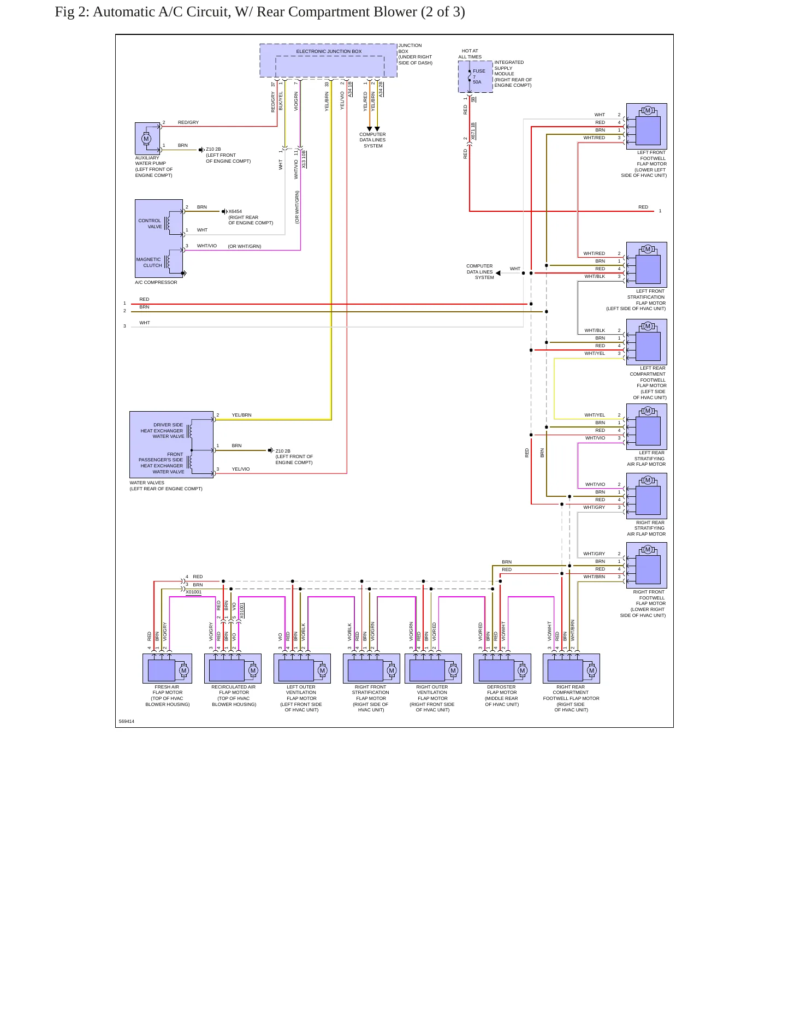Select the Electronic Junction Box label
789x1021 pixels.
[x=329, y=51]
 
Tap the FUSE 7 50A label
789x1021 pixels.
[x=478, y=76]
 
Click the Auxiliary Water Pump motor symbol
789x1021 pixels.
[x=146, y=139]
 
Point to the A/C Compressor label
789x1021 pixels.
[x=156, y=282]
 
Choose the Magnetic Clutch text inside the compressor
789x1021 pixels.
[x=149, y=263]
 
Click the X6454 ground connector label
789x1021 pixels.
[x=235, y=211]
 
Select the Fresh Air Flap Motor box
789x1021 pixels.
[x=167, y=668]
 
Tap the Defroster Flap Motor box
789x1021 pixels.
[x=502, y=668]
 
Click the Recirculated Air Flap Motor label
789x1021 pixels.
[x=234, y=696]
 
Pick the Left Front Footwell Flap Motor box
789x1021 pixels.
[x=646, y=127]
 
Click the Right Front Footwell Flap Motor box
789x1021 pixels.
[x=646, y=565]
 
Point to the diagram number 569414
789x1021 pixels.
[x=126, y=721]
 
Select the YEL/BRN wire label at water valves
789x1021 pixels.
[x=241, y=415]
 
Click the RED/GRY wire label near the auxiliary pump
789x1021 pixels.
[x=188, y=122]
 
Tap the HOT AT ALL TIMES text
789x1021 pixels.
[x=470, y=54]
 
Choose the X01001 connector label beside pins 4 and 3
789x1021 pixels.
[x=193, y=592]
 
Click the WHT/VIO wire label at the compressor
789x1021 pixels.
[x=207, y=246]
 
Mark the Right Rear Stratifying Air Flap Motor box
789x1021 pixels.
[x=646, y=496]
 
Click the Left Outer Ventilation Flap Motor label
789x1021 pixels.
[x=301, y=698]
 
